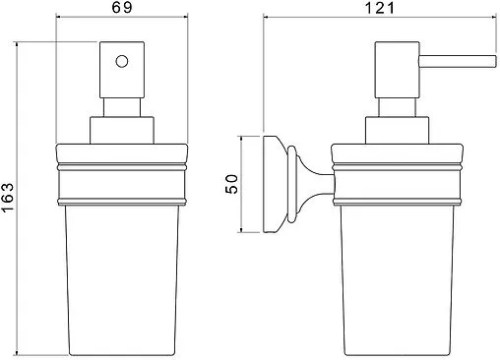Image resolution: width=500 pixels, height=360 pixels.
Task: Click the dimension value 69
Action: (122, 7)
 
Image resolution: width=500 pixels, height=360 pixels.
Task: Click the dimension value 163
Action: (8, 198)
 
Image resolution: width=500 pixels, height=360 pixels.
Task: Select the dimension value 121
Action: (380, 7)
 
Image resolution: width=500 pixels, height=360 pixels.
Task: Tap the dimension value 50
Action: (232, 184)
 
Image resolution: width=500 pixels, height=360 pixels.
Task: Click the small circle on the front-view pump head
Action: (122, 61)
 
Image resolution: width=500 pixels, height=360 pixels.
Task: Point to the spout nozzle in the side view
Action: (458, 62)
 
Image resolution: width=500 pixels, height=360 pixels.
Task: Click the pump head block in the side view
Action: (397, 70)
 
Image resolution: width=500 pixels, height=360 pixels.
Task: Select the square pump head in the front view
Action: (122, 70)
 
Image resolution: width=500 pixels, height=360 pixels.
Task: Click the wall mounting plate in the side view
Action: (272, 184)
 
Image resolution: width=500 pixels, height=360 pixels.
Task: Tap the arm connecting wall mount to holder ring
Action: (315, 184)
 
